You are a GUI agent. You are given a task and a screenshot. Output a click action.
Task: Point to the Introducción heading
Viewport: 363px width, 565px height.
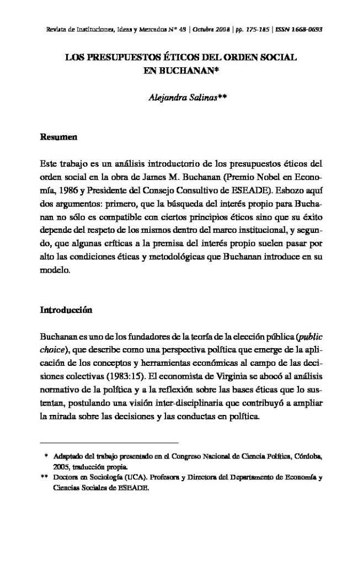click(x=66, y=311)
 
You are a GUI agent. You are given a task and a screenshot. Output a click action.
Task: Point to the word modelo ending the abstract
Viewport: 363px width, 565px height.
click(x=55, y=271)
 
